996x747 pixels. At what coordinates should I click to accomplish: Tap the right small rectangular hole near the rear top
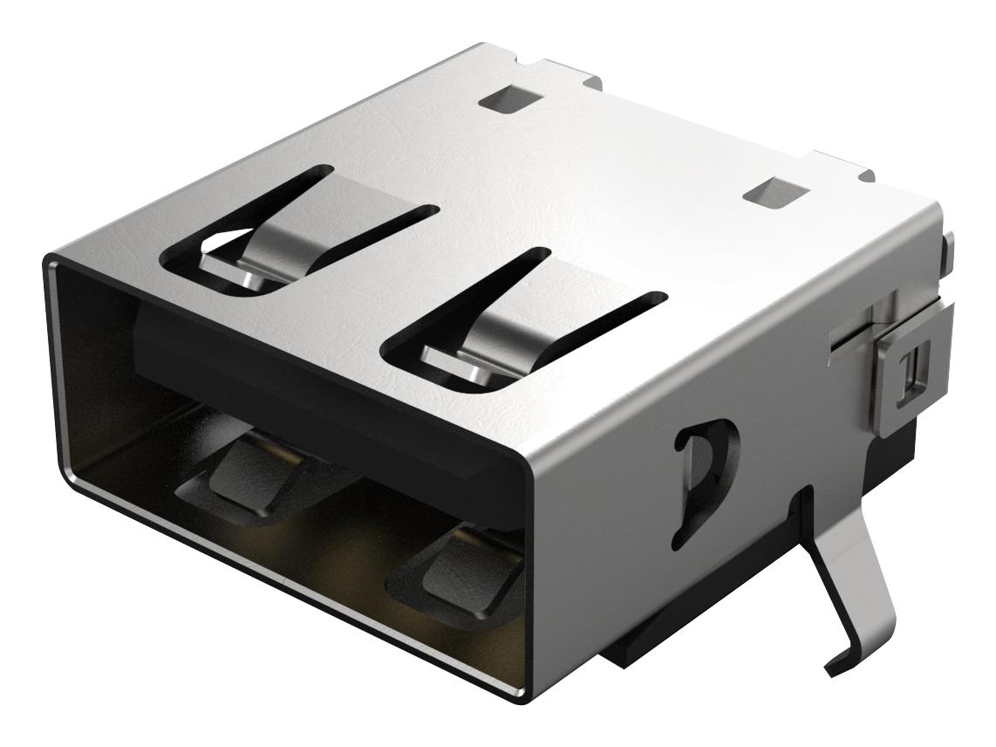[770, 194]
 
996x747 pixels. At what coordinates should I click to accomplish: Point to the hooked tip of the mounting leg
[833, 667]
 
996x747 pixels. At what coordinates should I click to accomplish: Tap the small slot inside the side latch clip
[914, 372]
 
